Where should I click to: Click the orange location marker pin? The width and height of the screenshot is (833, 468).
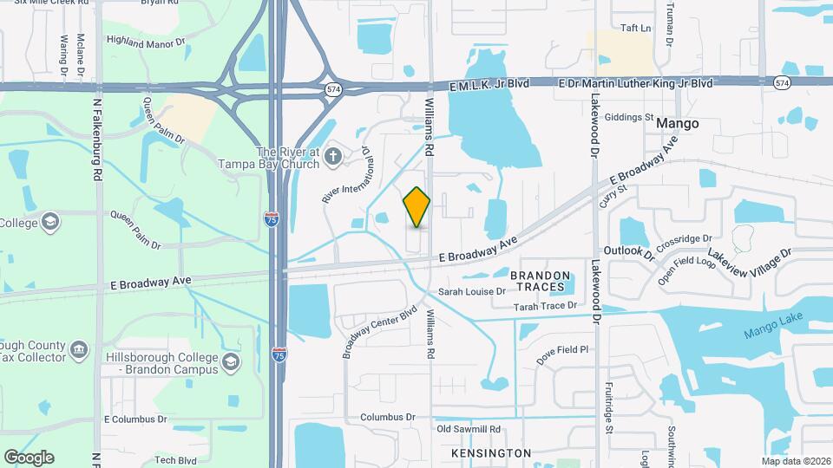[x=416, y=207]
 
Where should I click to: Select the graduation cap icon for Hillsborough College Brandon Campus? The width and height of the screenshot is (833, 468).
[x=231, y=361]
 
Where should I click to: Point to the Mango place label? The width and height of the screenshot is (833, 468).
[x=677, y=124]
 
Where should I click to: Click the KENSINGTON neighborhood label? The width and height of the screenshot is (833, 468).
[x=491, y=453]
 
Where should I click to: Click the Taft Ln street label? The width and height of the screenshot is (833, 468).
[x=636, y=29]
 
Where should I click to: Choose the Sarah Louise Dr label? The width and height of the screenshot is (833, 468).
[x=471, y=292]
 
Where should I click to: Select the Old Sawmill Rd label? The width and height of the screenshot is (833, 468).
[x=469, y=429]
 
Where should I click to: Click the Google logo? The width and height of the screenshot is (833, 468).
[x=29, y=458]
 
